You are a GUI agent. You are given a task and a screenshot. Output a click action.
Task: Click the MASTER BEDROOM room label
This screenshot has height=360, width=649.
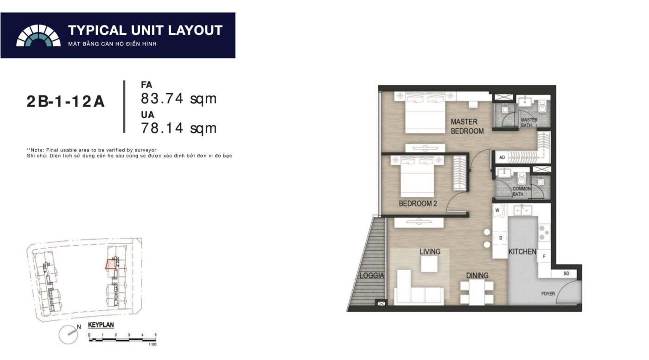[x=467, y=126]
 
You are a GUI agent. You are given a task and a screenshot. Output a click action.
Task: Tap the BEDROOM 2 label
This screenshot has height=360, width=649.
[x=418, y=203]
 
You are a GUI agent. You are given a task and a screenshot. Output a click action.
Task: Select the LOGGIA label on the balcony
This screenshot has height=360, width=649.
[x=372, y=275]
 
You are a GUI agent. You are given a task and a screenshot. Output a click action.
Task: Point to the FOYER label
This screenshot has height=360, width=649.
[x=548, y=294]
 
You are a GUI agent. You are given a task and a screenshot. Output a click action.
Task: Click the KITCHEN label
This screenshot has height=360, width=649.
[x=522, y=252]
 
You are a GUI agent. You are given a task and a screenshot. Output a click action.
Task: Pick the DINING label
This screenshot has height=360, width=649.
[x=477, y=275]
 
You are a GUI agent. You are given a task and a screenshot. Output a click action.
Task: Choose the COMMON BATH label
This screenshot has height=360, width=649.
[x=522, y=191]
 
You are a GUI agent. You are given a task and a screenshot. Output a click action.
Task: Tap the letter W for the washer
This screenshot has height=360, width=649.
[x=497, y=210]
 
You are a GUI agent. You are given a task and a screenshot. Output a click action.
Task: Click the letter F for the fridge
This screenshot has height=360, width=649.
[x=544, y=256]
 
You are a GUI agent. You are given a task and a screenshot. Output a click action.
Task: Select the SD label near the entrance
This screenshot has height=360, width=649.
[x=566, y=273]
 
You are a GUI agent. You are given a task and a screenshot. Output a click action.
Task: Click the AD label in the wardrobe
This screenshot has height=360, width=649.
[x=502, y=157]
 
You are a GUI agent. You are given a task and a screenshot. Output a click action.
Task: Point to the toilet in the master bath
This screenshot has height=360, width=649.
[x=542, y=107]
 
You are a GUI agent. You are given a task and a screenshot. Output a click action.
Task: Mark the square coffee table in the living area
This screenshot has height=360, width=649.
[x=429, y=264]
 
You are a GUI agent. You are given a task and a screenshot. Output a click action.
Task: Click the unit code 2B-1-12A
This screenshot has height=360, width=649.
[x=65, y=101]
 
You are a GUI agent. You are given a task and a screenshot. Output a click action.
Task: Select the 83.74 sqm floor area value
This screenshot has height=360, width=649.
[x=179, y=99]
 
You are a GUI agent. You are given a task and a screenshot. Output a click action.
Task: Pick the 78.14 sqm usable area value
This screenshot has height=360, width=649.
[x=179, y=128]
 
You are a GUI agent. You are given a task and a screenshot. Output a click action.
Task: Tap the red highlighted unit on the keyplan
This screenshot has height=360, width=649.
[x=111, y=264]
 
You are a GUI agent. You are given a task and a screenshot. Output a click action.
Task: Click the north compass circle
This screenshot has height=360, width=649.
[x=69, y=335]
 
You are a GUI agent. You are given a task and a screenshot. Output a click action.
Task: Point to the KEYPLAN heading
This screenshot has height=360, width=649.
[x=101, y=325]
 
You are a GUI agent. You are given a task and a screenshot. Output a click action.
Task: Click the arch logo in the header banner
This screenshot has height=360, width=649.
[x=38, y=35]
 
